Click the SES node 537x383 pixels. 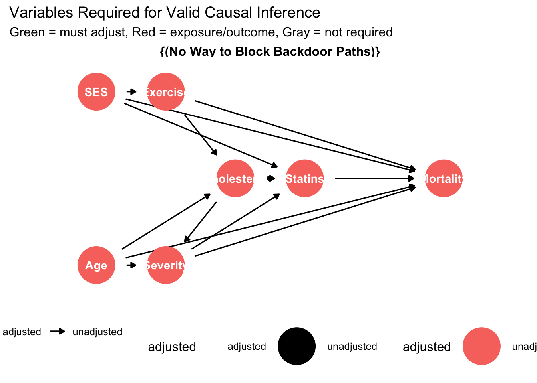click(x=96, y=92)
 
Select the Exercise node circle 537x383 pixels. click(x=165, y=92)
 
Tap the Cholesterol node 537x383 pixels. click(x=235, y=178)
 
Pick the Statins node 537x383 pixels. click(x=304, y=178)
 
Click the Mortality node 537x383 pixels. click(x=443, y=178)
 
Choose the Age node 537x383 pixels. click(x=96, y=265)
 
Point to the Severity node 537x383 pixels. click(x=165, y=265)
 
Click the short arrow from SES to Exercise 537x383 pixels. click(x=131, y=92)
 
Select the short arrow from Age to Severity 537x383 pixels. click(x=131, y=265)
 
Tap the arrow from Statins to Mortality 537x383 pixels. click(x=374, y=178)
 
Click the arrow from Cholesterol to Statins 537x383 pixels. click(x=270, y=178)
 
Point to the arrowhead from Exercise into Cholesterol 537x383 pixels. click(x=215, y=152)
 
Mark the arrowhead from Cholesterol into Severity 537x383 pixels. click(x=187, y=239)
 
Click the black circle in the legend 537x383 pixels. click(x=296, y=346)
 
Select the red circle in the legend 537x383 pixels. click(x=481, y=346)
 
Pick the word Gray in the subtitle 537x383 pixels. click(x=296, y=32)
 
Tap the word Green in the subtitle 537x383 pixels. click(x=27, y=32)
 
